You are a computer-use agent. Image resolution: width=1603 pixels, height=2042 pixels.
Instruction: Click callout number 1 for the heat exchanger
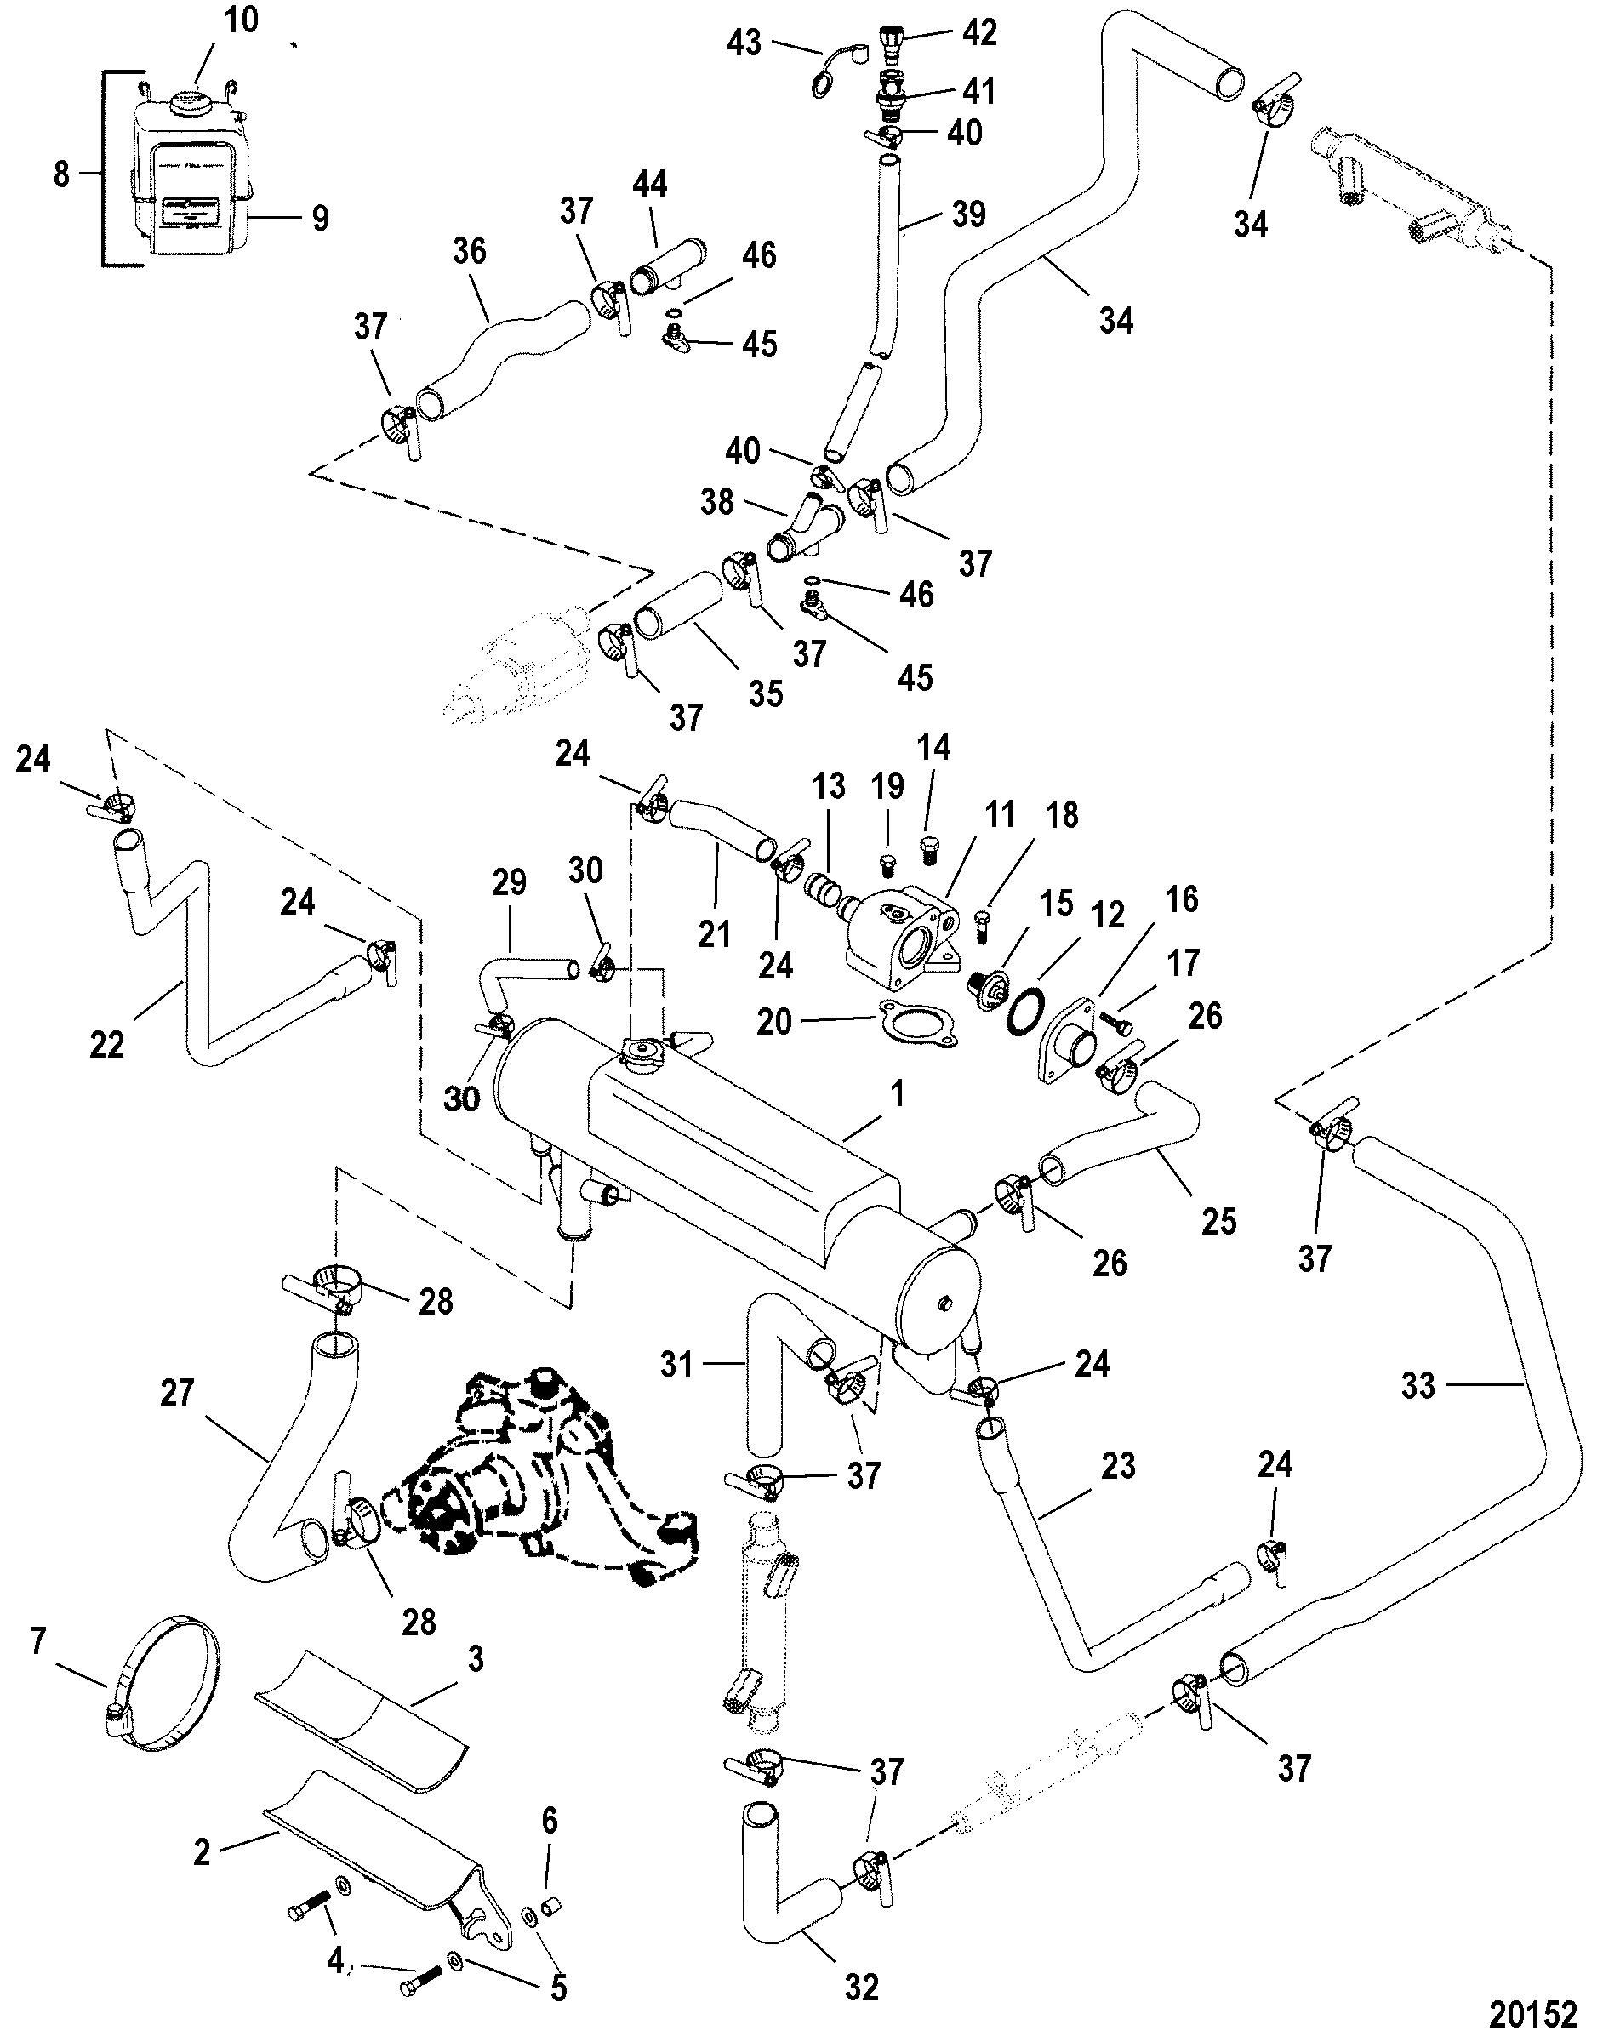[x=898, y=1094]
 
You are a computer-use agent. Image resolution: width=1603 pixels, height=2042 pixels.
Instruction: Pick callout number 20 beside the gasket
[x=774, y=1022]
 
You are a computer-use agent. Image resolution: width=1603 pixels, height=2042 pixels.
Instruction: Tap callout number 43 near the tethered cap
[x=745, y=43]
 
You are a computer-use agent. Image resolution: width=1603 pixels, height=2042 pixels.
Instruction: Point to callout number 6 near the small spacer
[x=549, y=1848]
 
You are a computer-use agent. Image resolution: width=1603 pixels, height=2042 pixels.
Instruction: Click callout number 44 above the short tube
[x=649, y=185]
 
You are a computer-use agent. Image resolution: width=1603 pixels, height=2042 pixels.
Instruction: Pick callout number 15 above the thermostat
[x=1057, y=904]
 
